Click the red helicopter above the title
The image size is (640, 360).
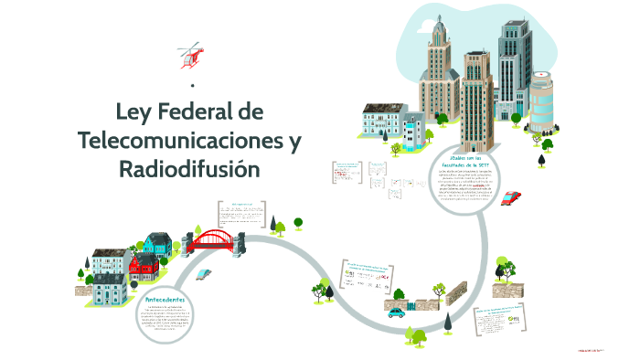point(189,55)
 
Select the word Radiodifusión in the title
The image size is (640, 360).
point(189,170)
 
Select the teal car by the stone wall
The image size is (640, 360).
point(396,312)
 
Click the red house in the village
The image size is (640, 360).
point(144,266)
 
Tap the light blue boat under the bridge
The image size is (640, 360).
point(208,272)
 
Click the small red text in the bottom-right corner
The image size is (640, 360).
point(592,349)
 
